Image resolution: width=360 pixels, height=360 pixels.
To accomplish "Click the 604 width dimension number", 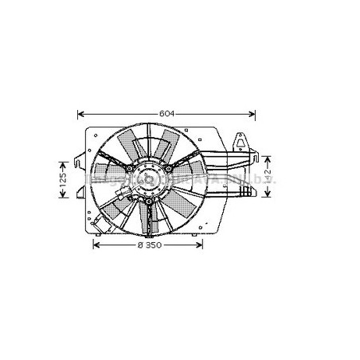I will (x=165, y=114).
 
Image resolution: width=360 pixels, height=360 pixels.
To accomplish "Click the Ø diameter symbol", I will (x=140, y=245).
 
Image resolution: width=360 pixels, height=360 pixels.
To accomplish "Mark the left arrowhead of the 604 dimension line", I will (x=80, y=114).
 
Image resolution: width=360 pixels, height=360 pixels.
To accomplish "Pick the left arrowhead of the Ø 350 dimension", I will (x=96, y=245).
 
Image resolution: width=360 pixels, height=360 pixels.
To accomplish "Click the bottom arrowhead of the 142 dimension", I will (x=268, y=196).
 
